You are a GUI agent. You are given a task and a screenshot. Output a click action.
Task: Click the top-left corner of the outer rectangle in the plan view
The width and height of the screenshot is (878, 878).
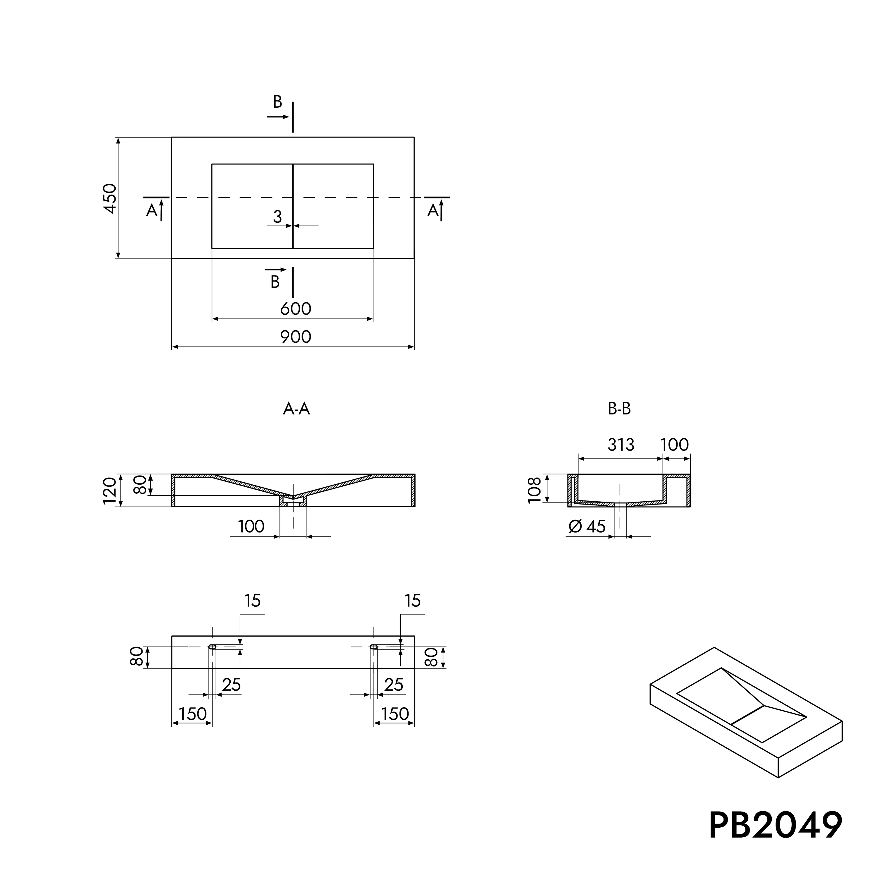click(x=172, y=137)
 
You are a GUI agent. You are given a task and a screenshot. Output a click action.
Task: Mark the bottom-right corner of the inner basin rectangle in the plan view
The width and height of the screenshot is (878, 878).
click(x=373, y=248)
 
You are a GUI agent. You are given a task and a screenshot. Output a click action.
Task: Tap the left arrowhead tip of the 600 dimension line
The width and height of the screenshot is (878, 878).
click(x=212, y=319)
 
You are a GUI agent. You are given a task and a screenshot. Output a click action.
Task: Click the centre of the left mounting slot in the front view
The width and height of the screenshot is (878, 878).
click(x=212, y=647)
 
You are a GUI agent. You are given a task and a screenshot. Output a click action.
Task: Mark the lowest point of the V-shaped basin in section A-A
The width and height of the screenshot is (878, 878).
click(x=293, y=495)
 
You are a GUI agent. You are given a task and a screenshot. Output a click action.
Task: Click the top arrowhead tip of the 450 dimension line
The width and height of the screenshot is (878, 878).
click(x=118, y=137)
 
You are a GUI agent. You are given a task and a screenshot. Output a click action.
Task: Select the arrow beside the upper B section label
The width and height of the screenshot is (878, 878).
click(x=278, y=117)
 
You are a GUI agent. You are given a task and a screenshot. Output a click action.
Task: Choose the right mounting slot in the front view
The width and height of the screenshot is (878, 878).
click(x=373, y=647)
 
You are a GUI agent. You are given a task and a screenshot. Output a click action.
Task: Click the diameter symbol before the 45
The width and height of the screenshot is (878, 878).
click(x=575, y=527)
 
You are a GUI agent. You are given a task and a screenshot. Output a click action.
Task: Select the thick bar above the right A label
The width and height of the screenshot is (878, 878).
click(x=437, y=197)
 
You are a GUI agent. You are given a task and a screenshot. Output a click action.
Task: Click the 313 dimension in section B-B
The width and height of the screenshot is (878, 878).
click(x=621, y=445)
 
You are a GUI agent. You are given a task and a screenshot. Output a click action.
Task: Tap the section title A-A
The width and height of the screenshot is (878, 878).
click(x=296, y=409)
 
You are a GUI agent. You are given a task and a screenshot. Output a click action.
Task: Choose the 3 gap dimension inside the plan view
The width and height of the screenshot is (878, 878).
click(x=277, y=217)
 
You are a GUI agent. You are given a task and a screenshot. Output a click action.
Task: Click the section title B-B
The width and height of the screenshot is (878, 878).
click(x=619, y=409)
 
